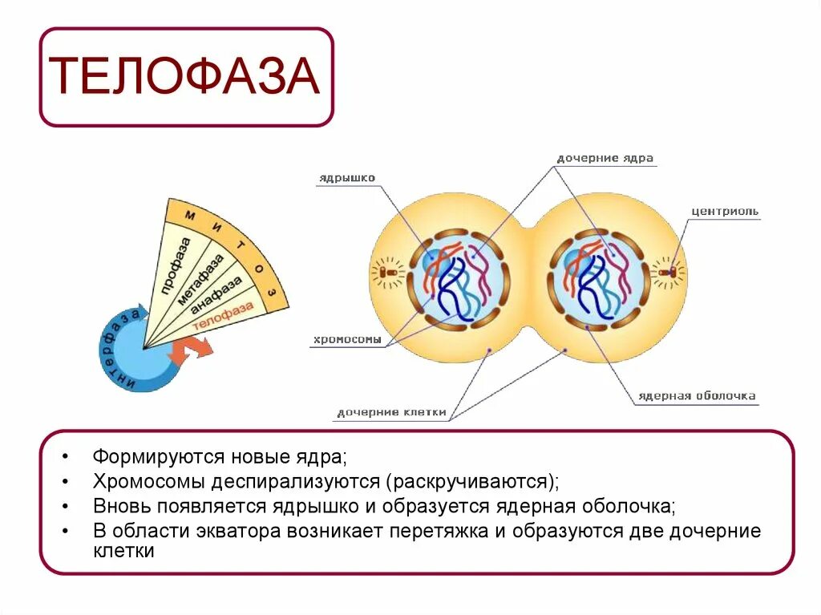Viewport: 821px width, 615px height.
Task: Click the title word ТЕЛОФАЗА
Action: (186, 77)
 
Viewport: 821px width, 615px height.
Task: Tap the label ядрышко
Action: (346, 178)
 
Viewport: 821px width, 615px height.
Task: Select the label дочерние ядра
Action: (605, 159)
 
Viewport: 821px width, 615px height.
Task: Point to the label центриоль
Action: (725, 212)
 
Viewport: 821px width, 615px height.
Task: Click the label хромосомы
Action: (346, 340)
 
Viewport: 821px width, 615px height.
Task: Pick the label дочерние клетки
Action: (390, 413)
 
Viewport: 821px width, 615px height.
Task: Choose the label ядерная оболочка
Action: (696, 396)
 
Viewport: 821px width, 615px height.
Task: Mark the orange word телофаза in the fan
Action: (224, 315)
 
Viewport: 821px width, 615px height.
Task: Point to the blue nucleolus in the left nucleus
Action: (433, 261)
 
